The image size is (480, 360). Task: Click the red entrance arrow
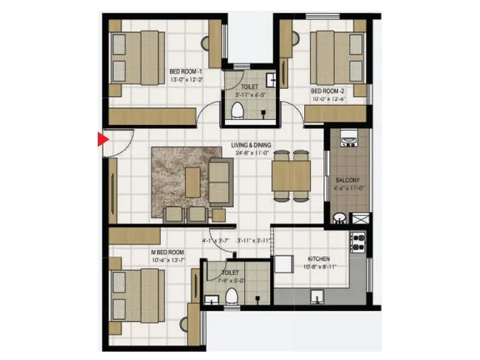(102, 139)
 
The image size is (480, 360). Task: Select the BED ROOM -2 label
(328, 91)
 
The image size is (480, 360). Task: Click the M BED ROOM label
(168, 252)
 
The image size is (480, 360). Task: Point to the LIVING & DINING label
(251, 145)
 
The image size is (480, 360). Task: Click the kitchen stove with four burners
(358, 242)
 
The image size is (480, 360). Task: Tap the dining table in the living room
(291, 176)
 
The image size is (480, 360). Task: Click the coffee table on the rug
(193, 181)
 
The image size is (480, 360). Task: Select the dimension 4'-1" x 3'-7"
(216, 241)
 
